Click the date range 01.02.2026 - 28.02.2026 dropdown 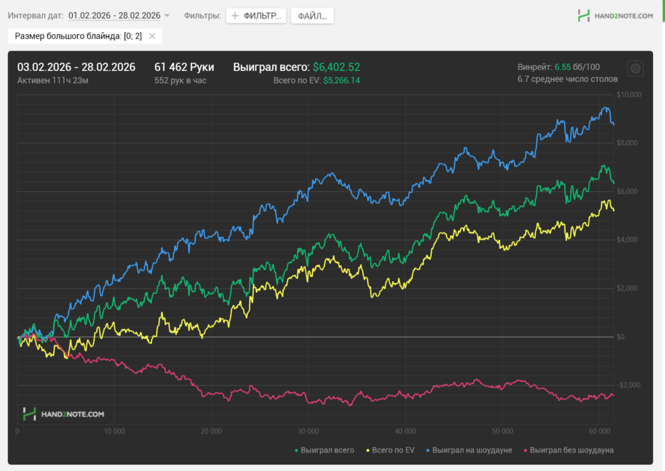click(118, 16)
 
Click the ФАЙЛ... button click(312, 16)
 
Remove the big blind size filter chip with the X click(152, 36)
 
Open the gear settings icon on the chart click(635, 69)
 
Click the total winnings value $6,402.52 click(336, 67)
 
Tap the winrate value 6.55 click(562, 67)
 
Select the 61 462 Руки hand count click(184, 67)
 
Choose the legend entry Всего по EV click(392, 450)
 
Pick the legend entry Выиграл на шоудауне click(472, 450)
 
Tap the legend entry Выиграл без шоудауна click(571, 450)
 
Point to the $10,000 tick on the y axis click(629, 95)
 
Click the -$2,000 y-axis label click(629, 385)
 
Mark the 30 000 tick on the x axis click(308, 431)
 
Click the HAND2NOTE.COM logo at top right click(616, 16)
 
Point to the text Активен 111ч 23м click(52, 80)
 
